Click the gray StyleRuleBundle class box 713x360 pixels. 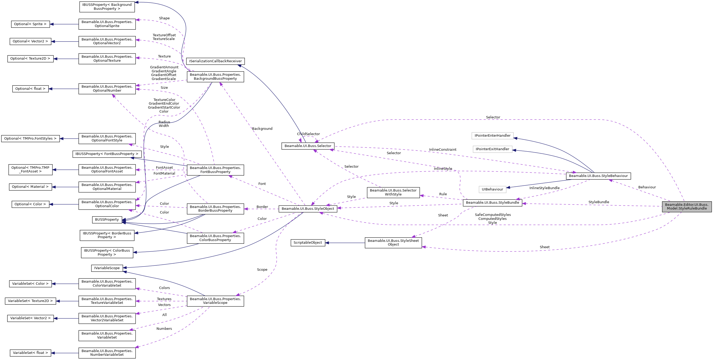click(687, 207)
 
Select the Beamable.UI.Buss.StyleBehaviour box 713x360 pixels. click(598, 176)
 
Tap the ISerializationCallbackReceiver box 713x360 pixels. click(215, 61)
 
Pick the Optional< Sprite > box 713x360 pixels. click(30, 24)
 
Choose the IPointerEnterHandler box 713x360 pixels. click(492, 136)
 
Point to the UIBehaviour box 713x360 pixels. click(492, 189)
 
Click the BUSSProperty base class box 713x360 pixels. click(107, 220)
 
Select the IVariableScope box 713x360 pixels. click(107, 268)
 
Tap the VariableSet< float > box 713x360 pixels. click(30, 353)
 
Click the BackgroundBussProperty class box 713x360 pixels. click(215, 77)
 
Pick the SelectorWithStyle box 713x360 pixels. click(393, 193)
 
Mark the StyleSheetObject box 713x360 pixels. click(393, 243)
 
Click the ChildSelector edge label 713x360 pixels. click(308, 134)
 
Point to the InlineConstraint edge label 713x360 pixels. click(443, 150)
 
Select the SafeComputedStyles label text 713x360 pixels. click(493, 215)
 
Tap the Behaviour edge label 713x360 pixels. click(647, 187)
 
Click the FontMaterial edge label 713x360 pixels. click(164, 173)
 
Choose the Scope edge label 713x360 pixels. click(262, 270)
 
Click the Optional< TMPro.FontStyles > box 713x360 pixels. click(30, 139)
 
